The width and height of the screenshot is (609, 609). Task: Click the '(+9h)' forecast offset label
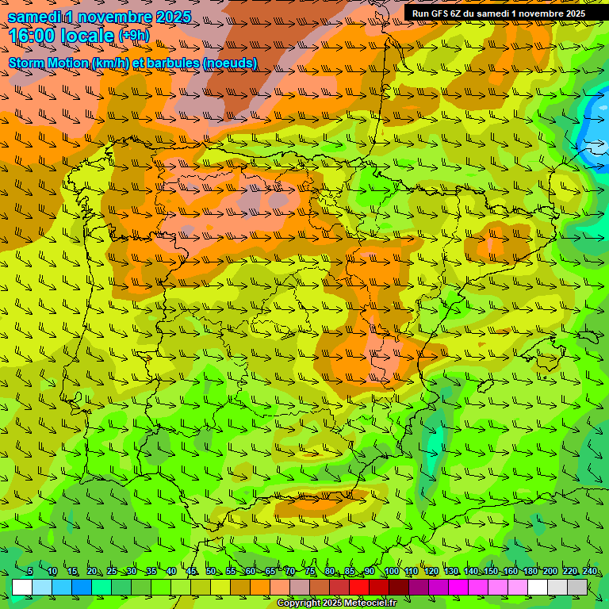tap(133, 35)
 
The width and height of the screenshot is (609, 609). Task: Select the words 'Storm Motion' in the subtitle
tap(48, 63)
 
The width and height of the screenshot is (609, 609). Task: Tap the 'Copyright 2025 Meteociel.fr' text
tap(336, 603)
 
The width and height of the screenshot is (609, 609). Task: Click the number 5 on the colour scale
tap(30, 572)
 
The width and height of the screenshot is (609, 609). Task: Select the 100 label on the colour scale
tap(390, 572)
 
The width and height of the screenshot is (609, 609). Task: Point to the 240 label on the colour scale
tap(589, 572)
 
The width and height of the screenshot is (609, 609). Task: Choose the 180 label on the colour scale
tap(530, 572)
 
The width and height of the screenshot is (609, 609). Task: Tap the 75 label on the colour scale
tap(310, 572)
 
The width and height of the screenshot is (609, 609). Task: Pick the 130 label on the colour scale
tap(450, 572)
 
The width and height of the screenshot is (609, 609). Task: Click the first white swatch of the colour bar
tap(22, 587)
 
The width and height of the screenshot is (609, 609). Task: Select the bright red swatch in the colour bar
tap(359, 587)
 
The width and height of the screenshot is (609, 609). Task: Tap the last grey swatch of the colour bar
tap(577, 587)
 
